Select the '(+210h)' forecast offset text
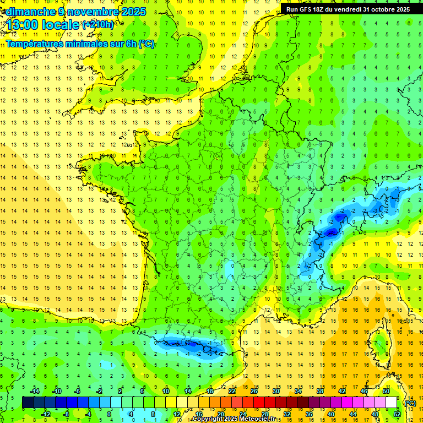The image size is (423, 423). tap(98, 25)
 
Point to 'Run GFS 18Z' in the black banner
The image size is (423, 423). tap(306, 9)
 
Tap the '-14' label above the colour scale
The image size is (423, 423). tap(34, 391)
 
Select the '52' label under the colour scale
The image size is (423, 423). tap(397, 414)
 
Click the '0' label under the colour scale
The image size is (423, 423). tap(109, 414)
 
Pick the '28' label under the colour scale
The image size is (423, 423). tap(264, 414)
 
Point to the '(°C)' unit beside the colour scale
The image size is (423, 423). tap(410, 403)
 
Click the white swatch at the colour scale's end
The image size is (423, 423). tap(391, 403)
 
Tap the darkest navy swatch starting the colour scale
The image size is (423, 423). tap(28, 403)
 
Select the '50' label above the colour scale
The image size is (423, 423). tap(386, 391)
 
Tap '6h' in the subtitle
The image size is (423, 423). tap(131, 44)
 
